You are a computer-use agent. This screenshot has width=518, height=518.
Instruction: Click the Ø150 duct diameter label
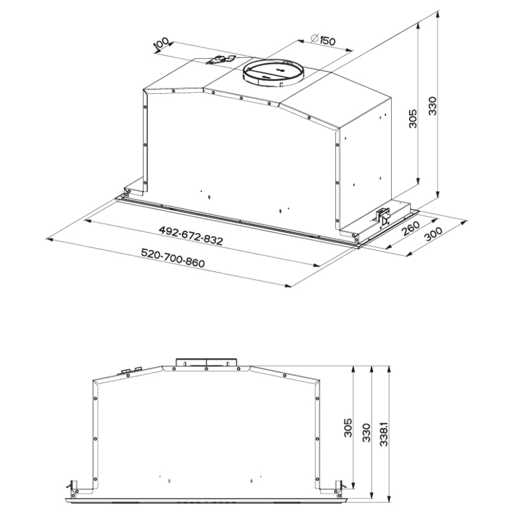(323, 39)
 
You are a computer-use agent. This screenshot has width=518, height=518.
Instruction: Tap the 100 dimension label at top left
(161, 45)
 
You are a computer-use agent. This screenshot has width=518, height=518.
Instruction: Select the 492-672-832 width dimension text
(191, 236)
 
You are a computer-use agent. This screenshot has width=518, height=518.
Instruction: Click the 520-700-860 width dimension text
(173, 258)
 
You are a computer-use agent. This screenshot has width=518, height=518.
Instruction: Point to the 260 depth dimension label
(411, 228)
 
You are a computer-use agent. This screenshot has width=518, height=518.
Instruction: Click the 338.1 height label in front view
(384, 433)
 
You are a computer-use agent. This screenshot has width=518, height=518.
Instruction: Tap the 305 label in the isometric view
(413, 118)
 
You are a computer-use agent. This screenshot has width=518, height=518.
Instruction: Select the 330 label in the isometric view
(433, 106)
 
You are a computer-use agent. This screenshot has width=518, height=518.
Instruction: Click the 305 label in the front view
(348, 428)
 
